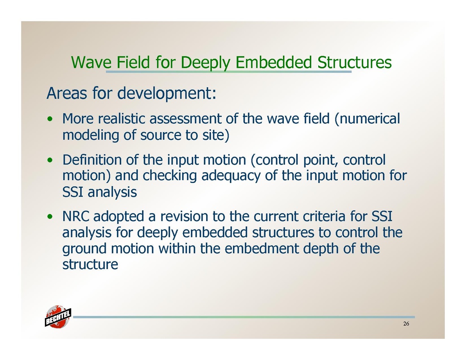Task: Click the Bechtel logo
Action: tap(58, 317)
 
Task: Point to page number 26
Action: tap(406, 324)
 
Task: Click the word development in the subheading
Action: tap(167, 94)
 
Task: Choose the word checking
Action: tap(170, 176)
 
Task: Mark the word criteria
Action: tap(324, 216)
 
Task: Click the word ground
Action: tap(84, 249)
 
